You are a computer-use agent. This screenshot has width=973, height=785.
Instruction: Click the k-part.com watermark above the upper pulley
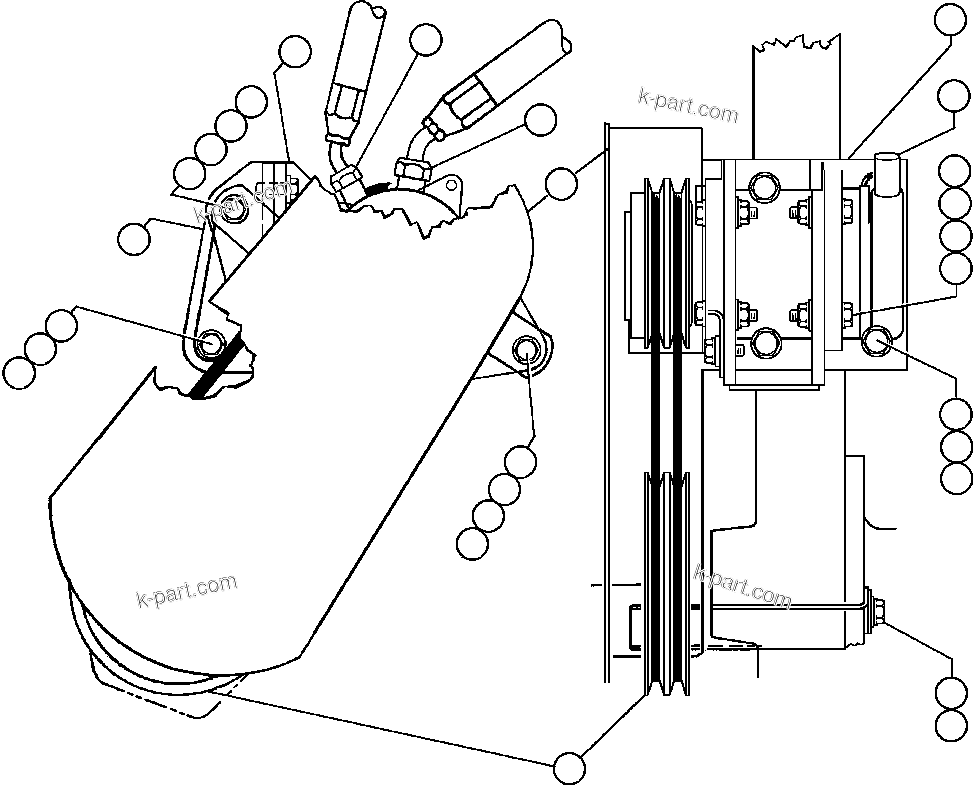click(x=688, y=105)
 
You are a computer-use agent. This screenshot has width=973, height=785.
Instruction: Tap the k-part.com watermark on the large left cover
click(x=186, y=591)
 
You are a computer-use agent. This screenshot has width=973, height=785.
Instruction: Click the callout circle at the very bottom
click(x=571, y=766)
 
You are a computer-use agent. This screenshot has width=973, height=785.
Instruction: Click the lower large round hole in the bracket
click(x=765, y=343)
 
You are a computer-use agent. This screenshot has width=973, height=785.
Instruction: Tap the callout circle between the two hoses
click(x=425, y=39)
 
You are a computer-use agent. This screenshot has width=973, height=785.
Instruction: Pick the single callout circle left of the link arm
click(x=133, y=239)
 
